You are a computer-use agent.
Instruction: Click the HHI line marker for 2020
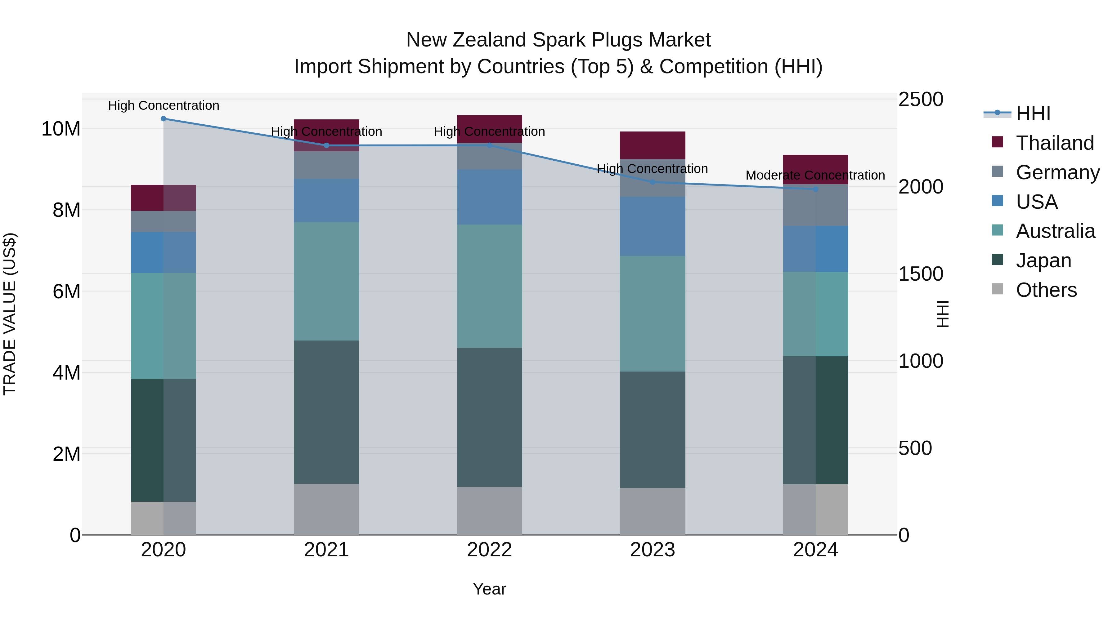164,119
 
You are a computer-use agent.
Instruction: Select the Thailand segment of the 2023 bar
653,145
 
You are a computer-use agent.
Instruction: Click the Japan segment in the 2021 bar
326,412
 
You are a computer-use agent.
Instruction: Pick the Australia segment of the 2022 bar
490,286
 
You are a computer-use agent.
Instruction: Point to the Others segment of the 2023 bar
653,511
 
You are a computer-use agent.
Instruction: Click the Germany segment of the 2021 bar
326,165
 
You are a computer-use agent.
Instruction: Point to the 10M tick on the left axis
61,129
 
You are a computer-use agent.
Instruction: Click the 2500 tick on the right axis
921,99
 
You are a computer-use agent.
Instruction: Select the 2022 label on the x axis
490,550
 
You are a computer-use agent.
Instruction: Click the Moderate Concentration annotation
815,176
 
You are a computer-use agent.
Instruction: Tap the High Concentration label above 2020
164,106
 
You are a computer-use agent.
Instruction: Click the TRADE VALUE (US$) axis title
10,314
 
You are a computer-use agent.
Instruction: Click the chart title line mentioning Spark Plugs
558,40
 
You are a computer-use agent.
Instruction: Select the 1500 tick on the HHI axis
921,274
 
